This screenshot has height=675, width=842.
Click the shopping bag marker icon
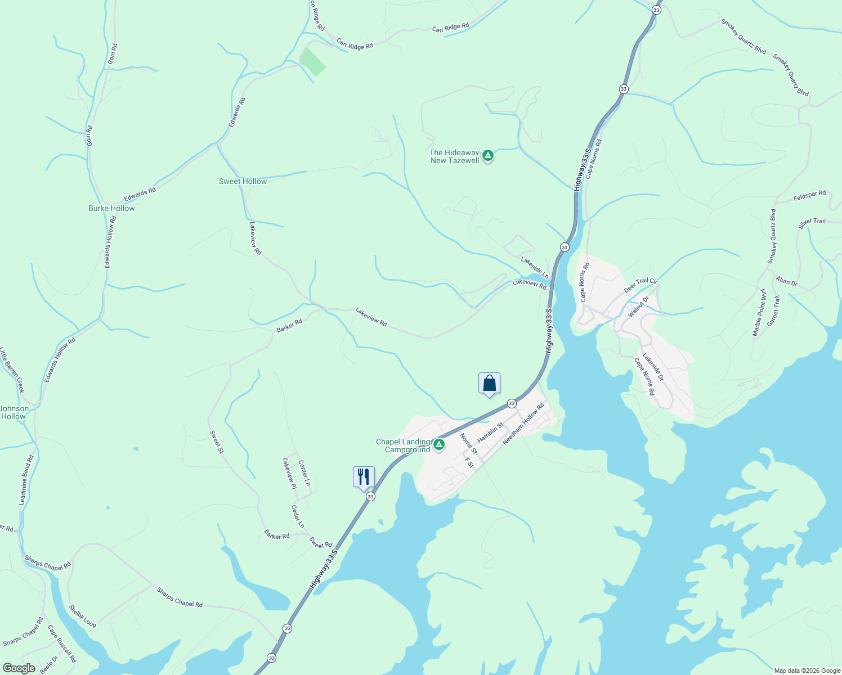pos(489,384)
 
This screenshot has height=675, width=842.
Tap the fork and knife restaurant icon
pos(364,477)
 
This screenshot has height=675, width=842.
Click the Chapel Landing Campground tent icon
pos(439,445)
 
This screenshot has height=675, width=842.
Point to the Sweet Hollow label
pos(243,181)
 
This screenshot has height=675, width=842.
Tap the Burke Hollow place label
pos(111,208)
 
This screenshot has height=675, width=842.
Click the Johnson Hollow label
pos(14,412)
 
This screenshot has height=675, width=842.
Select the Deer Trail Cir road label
pos(641,285)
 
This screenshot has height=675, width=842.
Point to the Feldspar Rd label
pos(809,196)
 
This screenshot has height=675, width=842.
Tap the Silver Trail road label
pos(812,224)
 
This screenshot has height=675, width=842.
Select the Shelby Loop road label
pos(83,616)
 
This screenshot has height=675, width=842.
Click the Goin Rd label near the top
pos(112,53)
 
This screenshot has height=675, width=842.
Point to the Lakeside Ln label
pos(535,267)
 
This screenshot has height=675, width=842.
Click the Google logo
pos(19,668)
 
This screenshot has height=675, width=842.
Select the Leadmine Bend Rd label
pos(26,480)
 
